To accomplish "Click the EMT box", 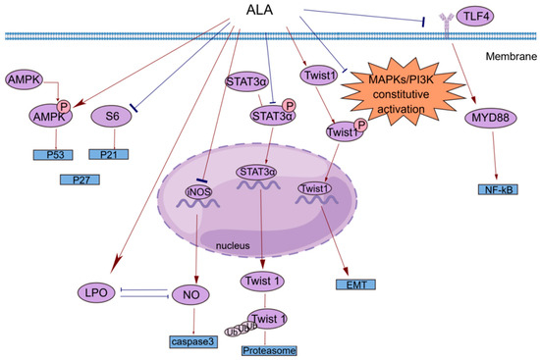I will tap(351, 285).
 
